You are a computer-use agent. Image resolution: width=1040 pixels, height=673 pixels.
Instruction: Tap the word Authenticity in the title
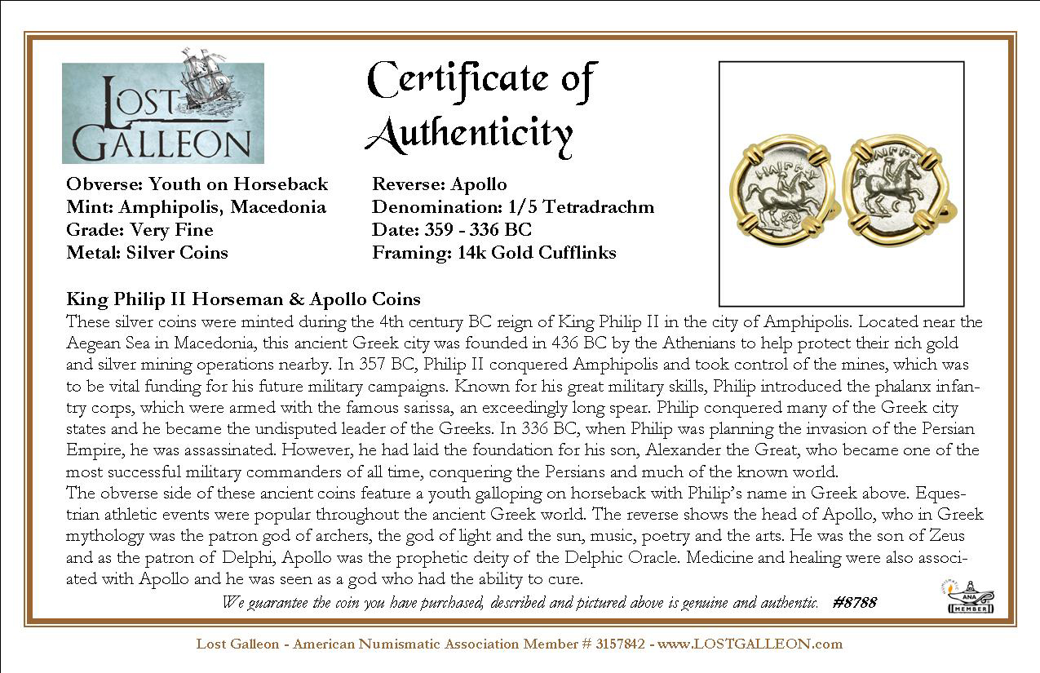tap(469, 133)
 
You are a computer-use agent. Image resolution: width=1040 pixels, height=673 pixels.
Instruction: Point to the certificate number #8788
tap(854, 603)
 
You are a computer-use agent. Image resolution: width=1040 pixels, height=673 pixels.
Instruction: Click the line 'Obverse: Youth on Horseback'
tap(197, 184)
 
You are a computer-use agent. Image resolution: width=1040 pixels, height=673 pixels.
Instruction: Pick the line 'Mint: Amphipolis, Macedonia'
tap(196, 207)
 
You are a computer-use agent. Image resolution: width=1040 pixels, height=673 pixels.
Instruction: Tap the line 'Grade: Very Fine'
tap(139, 230)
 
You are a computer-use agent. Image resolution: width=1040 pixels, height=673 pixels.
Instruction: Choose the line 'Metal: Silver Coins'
tap(147, 253)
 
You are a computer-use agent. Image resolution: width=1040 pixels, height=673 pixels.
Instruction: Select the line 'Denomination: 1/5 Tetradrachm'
tap(513, 207)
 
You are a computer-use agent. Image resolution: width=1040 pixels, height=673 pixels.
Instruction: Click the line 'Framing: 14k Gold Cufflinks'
tap(493, 253)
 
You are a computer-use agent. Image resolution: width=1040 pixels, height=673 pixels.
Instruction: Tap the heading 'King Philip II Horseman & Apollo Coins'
tap(243, 299)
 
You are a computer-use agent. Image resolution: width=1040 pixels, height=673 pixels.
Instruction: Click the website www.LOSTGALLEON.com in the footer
tap(750, 644)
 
